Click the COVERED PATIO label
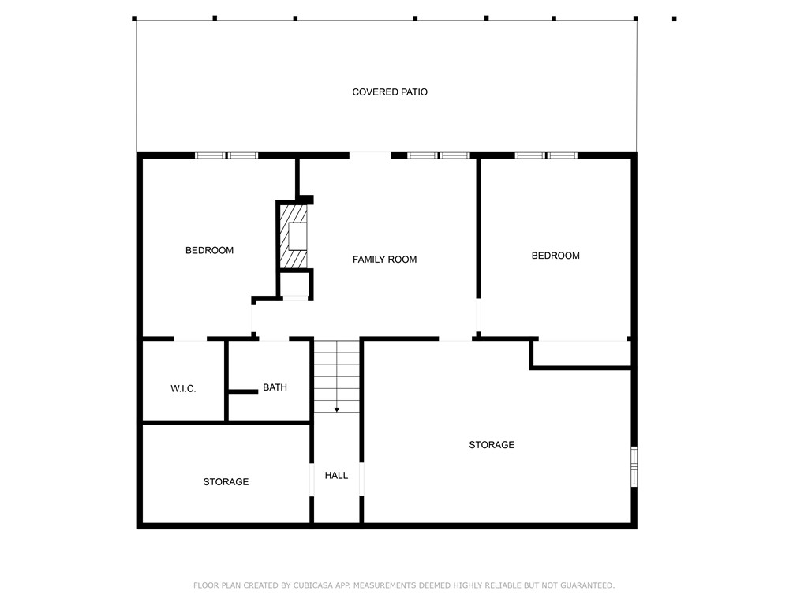[x=390, y=92]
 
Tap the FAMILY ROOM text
[x=384, y=260]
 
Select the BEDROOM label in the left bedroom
[x=209, y=251]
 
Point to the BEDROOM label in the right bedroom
[x=555, y=256]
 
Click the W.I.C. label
[x=183, y=389]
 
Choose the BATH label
[x=275, y=387]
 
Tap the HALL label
[x=336, y=476]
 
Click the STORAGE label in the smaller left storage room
[x=226, y=482]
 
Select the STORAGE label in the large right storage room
[x=492, y=445]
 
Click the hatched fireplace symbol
[x=295, y=237]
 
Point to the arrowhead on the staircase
[x=337, y=410]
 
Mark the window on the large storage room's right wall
[x=634, y=466]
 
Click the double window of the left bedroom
[x=226, y=155]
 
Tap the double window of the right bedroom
[x=546, y=155]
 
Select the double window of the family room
[x=439, y=155]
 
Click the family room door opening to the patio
[x=369, y=155]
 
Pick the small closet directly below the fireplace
[x=295, y=284]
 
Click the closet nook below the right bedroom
[x=582, y=353]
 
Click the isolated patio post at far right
[x=674, y=18]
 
